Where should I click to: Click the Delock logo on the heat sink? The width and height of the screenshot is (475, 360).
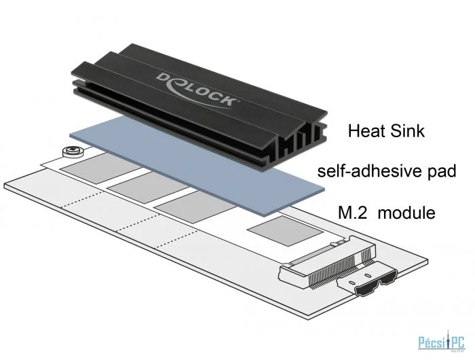tap(197, 90)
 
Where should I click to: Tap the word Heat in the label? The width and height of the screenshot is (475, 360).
tap(366, 131)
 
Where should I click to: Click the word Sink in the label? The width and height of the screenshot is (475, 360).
tap(407, 131)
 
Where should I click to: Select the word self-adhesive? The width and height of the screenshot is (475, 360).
tap(368, 171)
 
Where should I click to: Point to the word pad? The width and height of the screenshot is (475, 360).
tap(441, 173)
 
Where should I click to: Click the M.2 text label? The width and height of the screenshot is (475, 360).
tap(353, 213)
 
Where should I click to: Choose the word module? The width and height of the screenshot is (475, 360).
tap(407, 213)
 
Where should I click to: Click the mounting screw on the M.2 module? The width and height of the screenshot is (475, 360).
tap(73, 151)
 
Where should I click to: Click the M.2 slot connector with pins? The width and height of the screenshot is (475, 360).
tap(328, 261)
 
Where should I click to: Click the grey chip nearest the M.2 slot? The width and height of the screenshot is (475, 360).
tap(285, 230)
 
